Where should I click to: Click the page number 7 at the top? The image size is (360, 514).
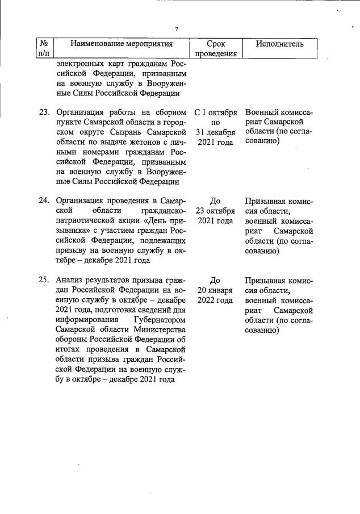(x=177, y=30)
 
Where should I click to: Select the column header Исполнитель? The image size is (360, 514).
(x=279, y=44)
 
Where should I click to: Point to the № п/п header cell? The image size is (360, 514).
(x=44, y=49)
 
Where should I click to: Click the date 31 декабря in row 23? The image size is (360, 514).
(x=215, y=132)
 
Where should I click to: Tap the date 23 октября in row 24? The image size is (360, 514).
(x=215, y=211)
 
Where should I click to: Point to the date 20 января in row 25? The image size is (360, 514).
(x=215, y=290)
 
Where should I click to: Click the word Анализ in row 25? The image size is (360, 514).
(x=69, y=280)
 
